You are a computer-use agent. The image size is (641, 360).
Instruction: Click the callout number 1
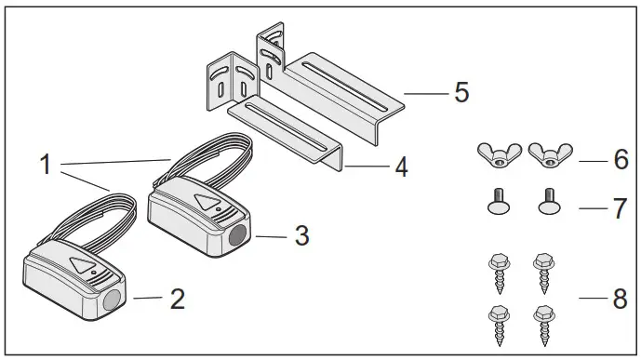click(45, 167)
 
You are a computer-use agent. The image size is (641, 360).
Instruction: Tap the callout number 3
click(300, 236)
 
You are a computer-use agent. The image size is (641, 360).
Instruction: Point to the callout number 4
click(400, 168)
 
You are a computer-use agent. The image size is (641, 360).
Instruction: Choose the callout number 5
click(461, 93)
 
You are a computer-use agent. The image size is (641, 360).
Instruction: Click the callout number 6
click(621, 159)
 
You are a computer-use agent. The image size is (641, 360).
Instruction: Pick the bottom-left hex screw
click(495, 321)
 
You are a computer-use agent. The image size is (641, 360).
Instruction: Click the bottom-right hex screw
click(542, 321)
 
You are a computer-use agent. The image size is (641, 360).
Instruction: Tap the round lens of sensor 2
click(114, 299)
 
